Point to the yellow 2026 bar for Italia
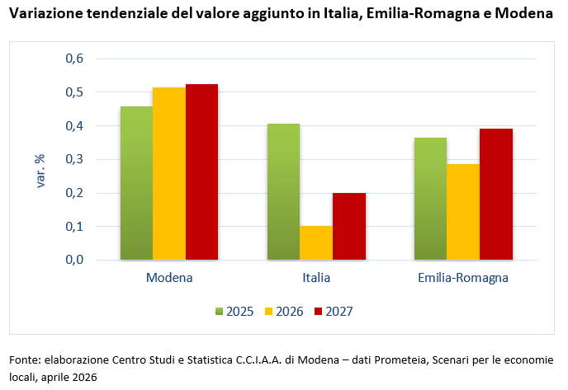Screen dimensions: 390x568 click(316, 242)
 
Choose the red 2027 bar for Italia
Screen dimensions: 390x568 click(348, 226)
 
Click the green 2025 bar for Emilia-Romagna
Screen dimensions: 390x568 click(430, 198)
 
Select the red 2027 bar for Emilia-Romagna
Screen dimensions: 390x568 click(496, 194)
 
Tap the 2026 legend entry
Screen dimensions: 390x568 click(283, 311)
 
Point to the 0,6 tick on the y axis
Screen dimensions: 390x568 click(74, 59)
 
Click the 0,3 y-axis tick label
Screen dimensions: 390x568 click(74, 159)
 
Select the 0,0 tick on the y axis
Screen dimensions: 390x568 click(74, 260)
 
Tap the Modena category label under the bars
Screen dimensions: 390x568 click(169, 278)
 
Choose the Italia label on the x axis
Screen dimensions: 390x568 click(316, 278)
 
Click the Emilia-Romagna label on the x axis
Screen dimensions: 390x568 click(463, 278)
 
